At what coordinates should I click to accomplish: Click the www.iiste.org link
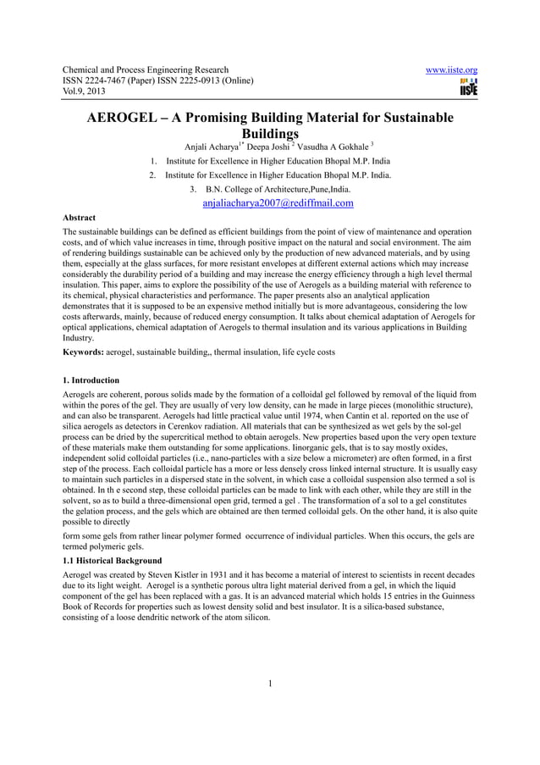455,69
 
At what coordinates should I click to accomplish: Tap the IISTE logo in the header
467,87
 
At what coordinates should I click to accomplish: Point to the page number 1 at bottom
269,685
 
